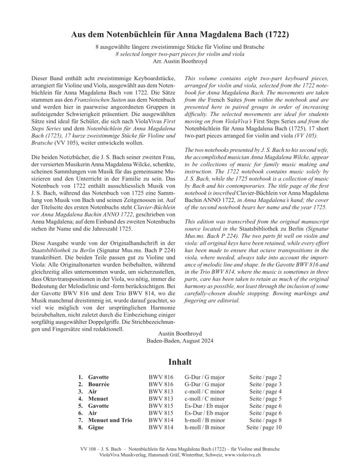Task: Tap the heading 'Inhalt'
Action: click(180, 362)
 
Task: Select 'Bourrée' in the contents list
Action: click(100, 384)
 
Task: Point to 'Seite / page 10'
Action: click(264, 428)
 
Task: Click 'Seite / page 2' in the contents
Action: click(266, 377)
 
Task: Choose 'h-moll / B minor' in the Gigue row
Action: click(205, 428)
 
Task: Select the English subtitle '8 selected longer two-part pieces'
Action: click(180, 54)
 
